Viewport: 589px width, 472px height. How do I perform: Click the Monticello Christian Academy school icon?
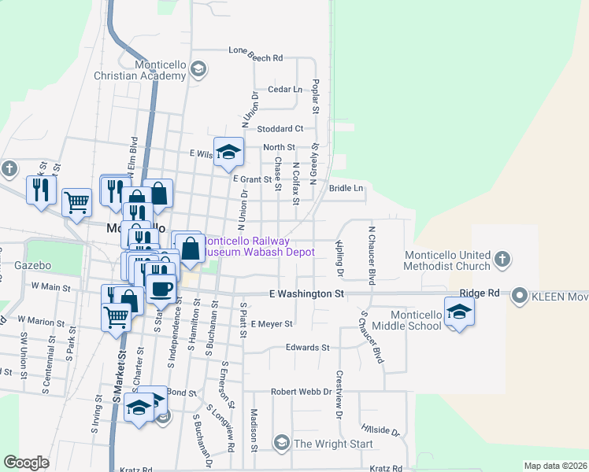coord(198,69)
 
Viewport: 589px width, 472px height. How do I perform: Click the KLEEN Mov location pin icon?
coord(519,296)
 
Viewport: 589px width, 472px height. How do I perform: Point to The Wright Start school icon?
coord(282,443)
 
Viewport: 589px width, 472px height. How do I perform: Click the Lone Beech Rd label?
coord(255,58)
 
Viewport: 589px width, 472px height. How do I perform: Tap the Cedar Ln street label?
coord(285,90)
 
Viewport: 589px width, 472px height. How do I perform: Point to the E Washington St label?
coord(306,293)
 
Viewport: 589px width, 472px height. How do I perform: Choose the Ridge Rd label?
coord(480,293)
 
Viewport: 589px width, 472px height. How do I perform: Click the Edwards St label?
coord(307,347)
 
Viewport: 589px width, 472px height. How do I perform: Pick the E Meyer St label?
coord(272,323)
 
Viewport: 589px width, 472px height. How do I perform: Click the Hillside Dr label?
coord(380,430)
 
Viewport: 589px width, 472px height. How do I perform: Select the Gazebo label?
coord(32,266)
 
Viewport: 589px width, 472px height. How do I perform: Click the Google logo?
coord(26,463)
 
